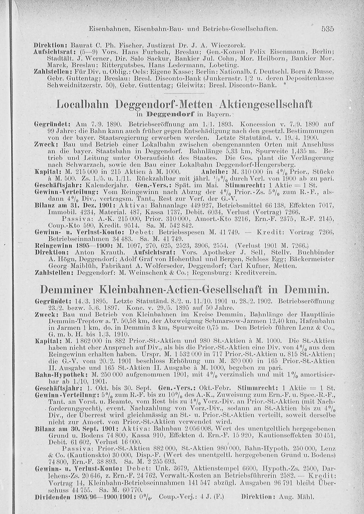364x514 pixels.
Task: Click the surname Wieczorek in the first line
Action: click(x=229, y=46)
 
